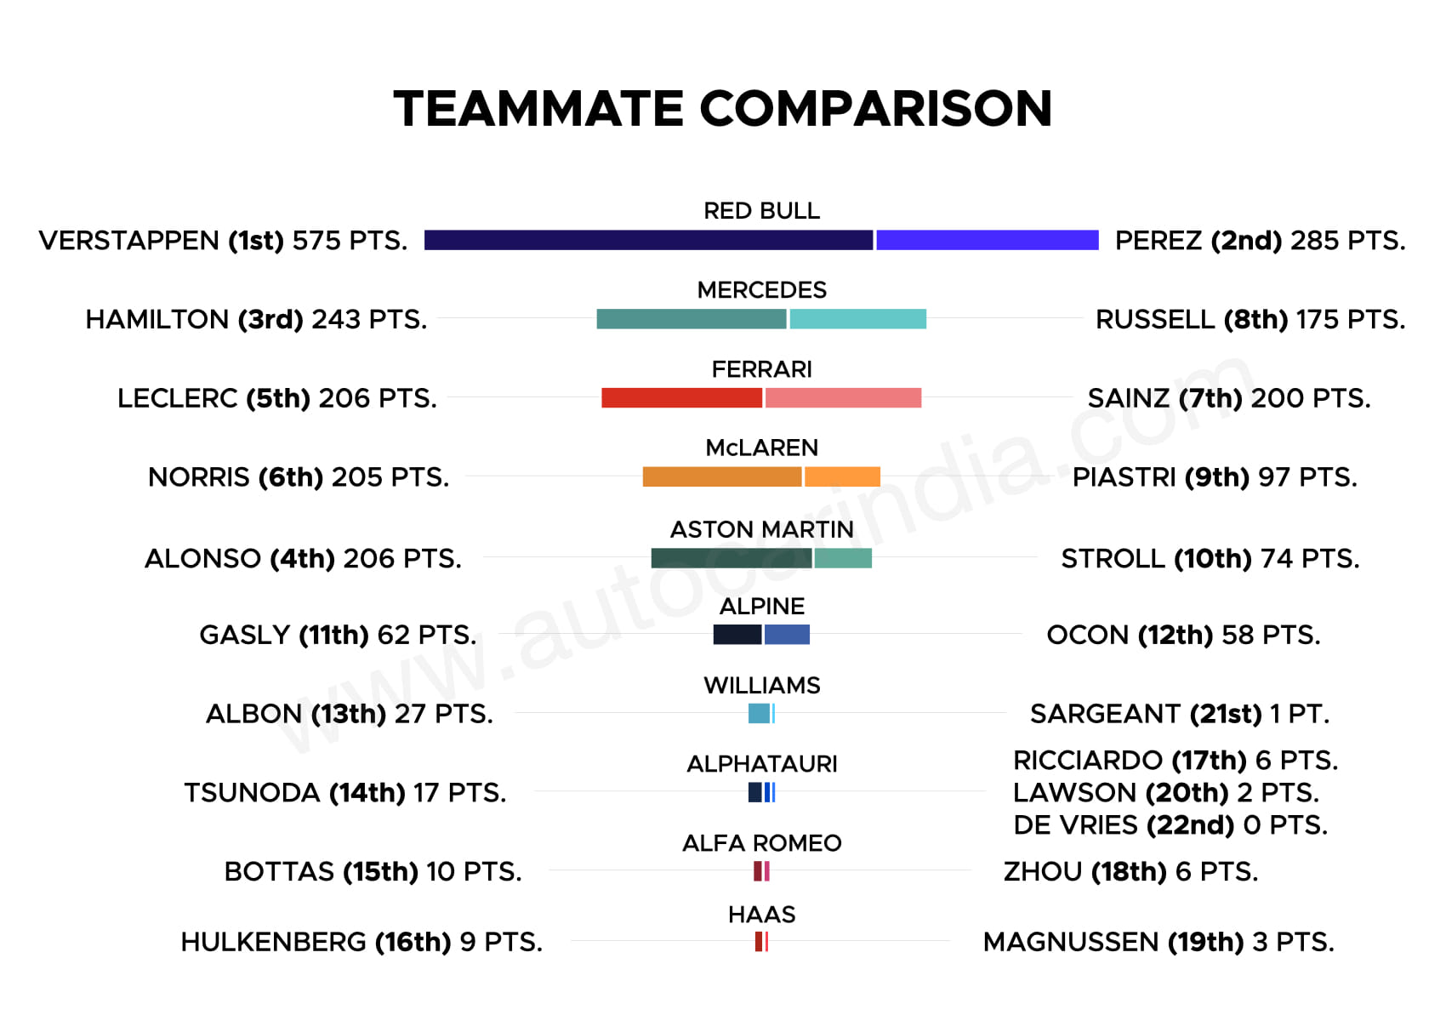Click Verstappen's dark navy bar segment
tap(648, 240)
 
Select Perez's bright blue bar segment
tap(987, 240)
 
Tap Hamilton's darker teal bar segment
tap(692, 319)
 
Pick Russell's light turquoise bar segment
tap(858, 319)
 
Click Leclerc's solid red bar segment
tap(681, 398)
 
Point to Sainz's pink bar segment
tap(843, 398)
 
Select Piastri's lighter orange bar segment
tap(842, 476)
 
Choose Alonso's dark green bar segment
tap(732, 558)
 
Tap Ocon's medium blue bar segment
tap(787, 635)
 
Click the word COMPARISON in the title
tap(876, 109)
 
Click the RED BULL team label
tap(762, 210)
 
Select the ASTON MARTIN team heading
tap(762, 529)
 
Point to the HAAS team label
tap(762, 915)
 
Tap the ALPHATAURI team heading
tap(762, 764)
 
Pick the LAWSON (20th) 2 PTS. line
tap(1166, 793)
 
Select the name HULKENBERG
tap(274, 942)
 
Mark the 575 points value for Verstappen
tap(316, 241)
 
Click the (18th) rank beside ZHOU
tap(1129, 872)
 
